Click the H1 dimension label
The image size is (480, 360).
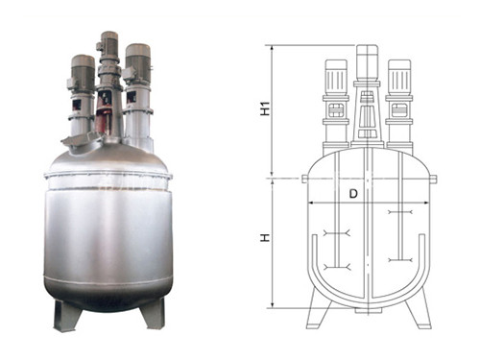click(x=266, y=108)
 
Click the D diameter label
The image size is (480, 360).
click(x=353, y=194)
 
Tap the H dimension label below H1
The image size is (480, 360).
click(x=265, y=237)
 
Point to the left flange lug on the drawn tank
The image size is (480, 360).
click(x=304, y=179)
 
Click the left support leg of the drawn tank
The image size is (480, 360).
click(x=318, y=308)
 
